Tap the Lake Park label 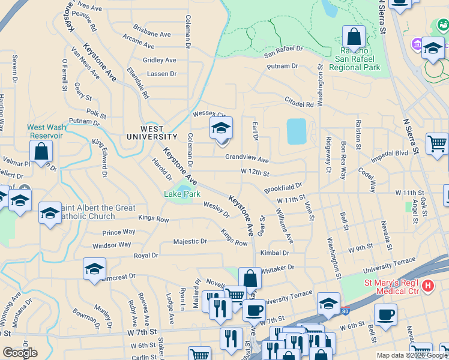pos(182,194)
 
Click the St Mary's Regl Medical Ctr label pos(393,286)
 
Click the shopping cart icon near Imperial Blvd pos(438,144)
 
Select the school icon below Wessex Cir pos(221,129)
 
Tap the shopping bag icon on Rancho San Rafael pos(354,37)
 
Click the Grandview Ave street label pos(247,158)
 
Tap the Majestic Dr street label pos(190,241)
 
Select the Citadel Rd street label pos(300,104)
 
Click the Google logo pos(20,352)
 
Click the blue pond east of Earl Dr pos(296,131)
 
